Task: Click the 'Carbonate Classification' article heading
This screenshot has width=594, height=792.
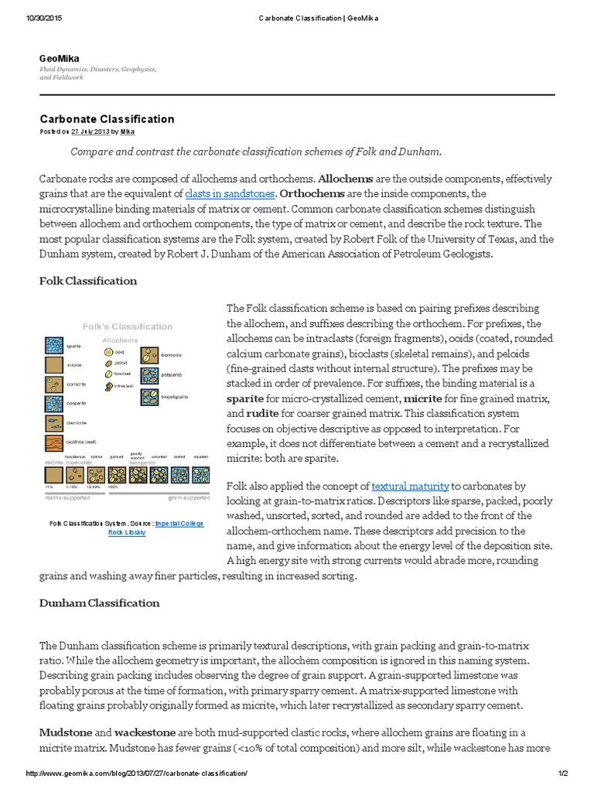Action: (107, 119)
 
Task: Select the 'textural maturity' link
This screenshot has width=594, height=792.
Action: (410, 486)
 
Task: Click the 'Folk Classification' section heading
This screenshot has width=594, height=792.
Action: (88, 281)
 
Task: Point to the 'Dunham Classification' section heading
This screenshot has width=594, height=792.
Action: (100, 603)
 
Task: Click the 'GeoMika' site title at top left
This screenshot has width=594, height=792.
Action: (59, 58)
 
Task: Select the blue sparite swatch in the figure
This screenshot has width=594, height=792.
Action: (52, 346)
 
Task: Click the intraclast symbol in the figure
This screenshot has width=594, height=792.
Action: (107, 384)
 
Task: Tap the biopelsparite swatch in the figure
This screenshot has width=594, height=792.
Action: (149, 398)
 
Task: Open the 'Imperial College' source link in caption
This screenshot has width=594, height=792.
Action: (179, 524)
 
